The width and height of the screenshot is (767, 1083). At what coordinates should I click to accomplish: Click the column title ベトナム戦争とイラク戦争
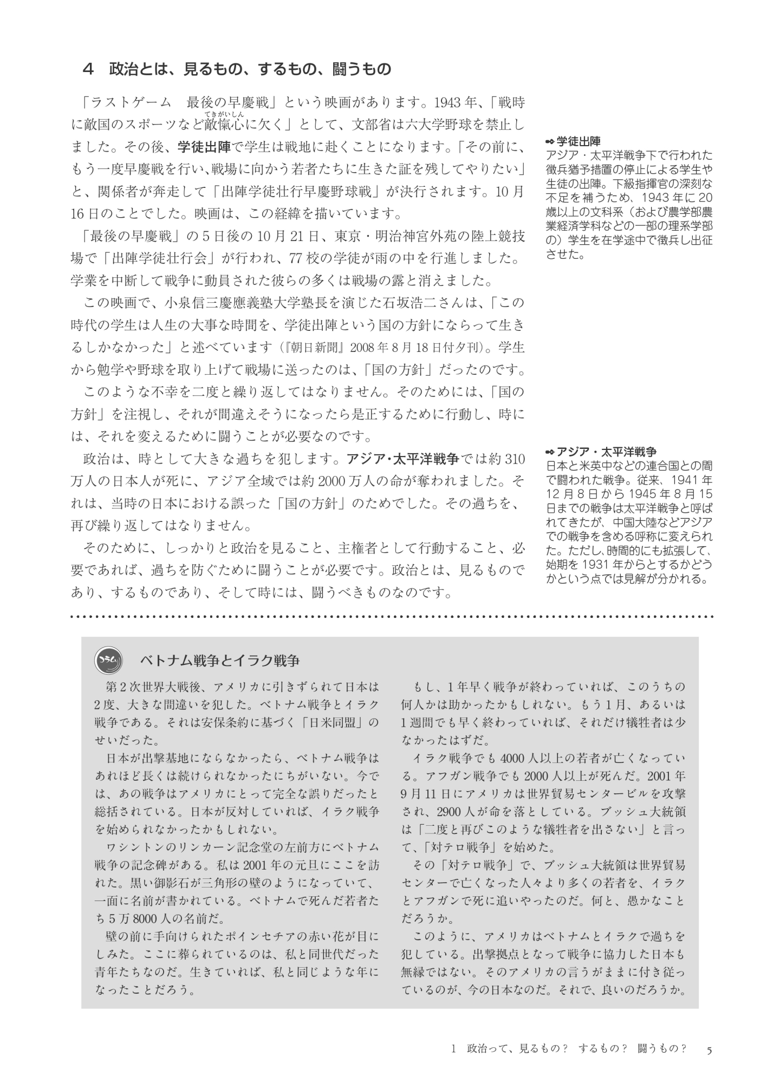pyautogui.click(x=219, y=661)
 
